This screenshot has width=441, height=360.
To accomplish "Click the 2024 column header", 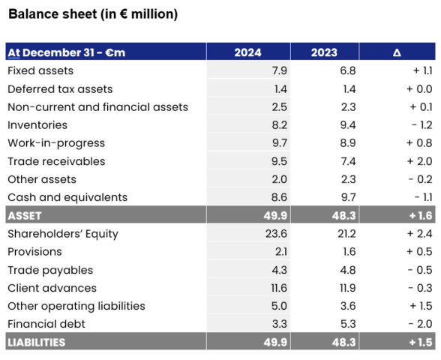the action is [x=247, y=52].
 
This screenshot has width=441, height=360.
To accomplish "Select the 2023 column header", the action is [x=324, y=52].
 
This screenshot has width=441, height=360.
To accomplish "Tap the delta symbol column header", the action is [x=397, y=52].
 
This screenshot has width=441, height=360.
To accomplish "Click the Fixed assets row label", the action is [x=40, y=70].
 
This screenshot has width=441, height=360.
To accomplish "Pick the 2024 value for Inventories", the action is [x=279, y=124].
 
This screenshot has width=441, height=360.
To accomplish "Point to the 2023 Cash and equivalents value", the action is [x=348, y=197].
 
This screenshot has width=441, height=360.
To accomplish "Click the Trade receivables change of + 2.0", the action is [x=419, y=161].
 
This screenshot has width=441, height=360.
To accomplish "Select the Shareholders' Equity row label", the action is [x=63, y=234].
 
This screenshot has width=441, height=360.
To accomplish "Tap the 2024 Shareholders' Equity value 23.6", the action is [x=276, y=234].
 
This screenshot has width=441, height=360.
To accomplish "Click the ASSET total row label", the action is [x=25, y=216].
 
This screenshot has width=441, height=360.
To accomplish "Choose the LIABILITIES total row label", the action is [x=37, y=342].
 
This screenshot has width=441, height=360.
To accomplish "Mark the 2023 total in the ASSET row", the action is [x=343, y=216].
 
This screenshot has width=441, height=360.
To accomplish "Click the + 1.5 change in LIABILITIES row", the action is [x=421, y=342].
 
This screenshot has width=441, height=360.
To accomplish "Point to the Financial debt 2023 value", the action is [x=348, y=324].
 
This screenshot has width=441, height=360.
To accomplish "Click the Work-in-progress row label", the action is [x=56, y=143].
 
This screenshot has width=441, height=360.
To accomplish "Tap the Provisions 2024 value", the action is [x=281, y=252].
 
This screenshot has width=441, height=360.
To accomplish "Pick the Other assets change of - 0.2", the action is [x=420, y=179].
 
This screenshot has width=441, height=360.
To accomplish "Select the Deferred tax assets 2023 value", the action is [x=349, y=89].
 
